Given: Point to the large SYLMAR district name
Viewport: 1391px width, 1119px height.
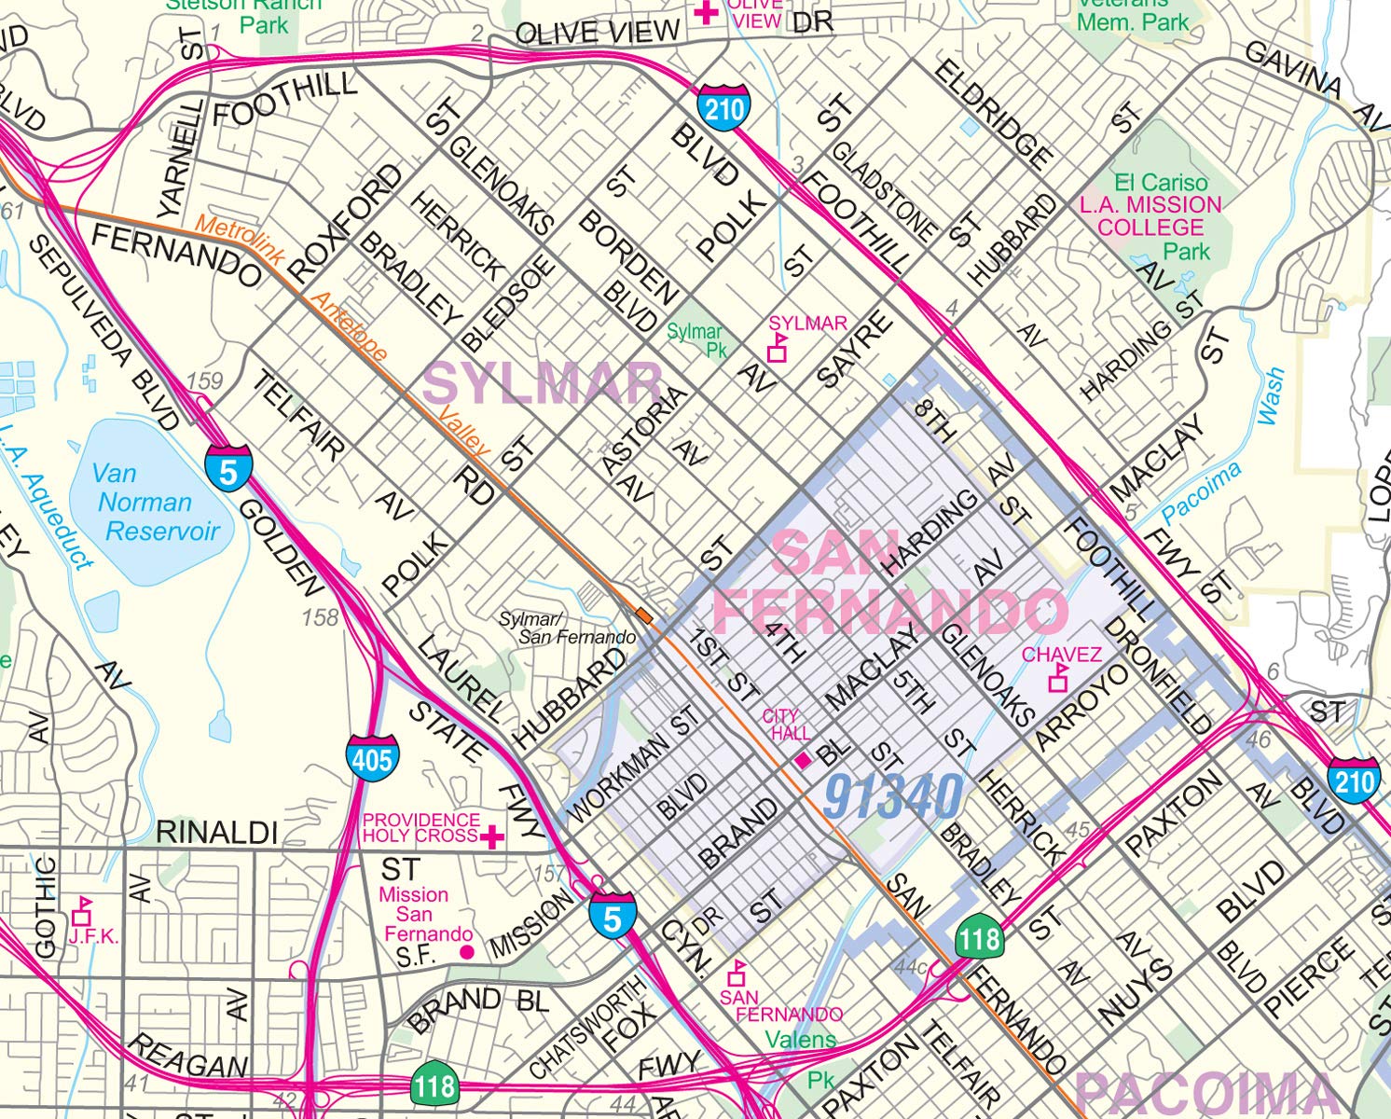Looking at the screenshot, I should [543, 382].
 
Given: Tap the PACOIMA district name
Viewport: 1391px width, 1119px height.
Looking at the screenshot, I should [1207, 1093].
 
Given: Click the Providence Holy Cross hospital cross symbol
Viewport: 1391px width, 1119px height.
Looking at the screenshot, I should [492, 836].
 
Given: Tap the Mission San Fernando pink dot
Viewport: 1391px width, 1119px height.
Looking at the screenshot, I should [467, 952].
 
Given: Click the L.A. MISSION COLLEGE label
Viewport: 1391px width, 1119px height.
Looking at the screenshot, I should [1150, 216].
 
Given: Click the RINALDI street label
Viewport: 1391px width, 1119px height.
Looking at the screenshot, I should [217, 833].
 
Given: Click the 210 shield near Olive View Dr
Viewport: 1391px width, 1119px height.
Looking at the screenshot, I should [723, 109].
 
